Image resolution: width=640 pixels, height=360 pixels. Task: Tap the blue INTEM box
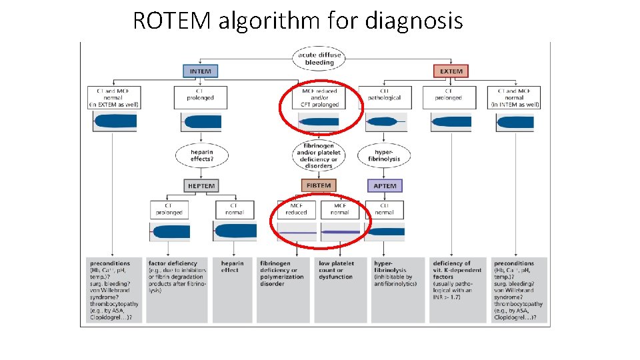201,71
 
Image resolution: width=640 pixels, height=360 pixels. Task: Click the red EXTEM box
451,71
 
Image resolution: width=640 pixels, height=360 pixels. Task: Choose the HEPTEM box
201,185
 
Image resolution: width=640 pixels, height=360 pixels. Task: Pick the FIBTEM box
318,185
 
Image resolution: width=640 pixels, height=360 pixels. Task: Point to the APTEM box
385,185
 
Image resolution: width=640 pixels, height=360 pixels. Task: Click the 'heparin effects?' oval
201,155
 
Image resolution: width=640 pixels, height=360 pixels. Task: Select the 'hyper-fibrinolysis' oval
385,155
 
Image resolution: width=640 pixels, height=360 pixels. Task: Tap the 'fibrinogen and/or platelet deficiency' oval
319,155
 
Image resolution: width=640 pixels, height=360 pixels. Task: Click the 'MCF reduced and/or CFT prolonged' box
319,97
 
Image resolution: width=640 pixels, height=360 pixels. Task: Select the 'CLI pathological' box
385,97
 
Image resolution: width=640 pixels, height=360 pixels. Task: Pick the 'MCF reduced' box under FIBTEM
296,209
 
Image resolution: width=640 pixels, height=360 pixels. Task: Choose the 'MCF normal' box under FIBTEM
339,209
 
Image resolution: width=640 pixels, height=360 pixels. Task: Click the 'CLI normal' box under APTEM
385,209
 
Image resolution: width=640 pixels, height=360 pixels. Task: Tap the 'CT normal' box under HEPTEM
235,209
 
